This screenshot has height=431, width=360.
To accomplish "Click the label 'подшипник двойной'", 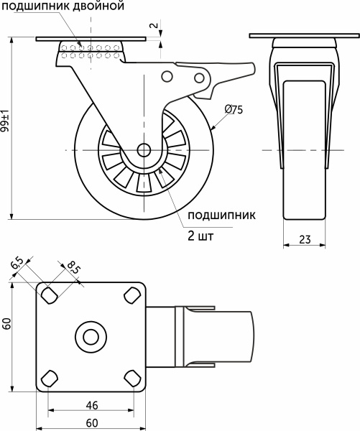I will pyautogui.click(x=63, y=6).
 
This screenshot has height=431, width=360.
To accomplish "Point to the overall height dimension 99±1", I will pyautogui.click(x=6, y=122).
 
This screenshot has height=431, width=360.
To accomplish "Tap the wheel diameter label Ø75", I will pyautogui.click(x=234, y=109).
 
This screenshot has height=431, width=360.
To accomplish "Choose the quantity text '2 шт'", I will pyautogui.click(x=200, y=235).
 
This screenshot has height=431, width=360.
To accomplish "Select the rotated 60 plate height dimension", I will pyautogui.click(x=6, y=324).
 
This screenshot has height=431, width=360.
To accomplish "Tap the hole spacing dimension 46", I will pyautogui.click(x=91, y=405).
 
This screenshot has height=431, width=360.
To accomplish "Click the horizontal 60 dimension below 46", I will pyautogui.click(x=91, y=422).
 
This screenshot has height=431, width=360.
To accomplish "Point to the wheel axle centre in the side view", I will pyautogui.click(x=142, y=150).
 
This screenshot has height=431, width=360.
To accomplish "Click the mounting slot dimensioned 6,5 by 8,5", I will pyautogui.click(x=50, y=295).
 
